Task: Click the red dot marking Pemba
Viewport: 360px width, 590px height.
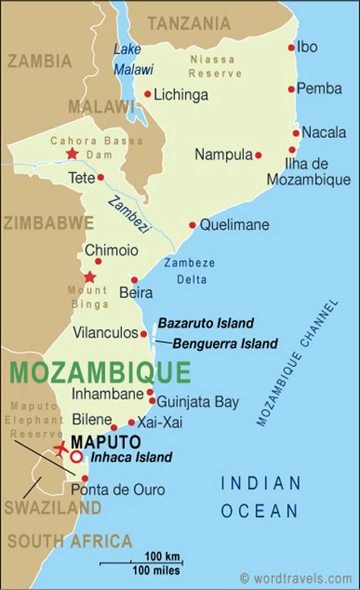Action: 291,89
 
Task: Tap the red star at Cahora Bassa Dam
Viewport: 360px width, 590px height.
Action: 72,154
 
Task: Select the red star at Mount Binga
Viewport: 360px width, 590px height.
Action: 90,277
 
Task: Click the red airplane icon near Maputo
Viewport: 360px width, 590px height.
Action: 61,448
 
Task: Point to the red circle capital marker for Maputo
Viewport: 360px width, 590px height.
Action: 77,457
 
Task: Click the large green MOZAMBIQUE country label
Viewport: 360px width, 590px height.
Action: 100,373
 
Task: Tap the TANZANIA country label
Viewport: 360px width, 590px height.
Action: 189,24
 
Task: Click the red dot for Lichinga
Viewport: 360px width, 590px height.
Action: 148,95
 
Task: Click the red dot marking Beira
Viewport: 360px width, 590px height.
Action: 134,280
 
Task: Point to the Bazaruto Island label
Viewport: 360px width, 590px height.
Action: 205,323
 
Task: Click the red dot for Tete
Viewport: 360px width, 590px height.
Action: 101,177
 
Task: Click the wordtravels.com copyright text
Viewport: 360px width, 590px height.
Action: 297,578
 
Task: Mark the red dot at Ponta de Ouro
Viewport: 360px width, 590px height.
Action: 85,478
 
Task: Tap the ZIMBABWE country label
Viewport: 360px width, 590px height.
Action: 48,223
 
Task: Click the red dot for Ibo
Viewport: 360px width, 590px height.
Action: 291,47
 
